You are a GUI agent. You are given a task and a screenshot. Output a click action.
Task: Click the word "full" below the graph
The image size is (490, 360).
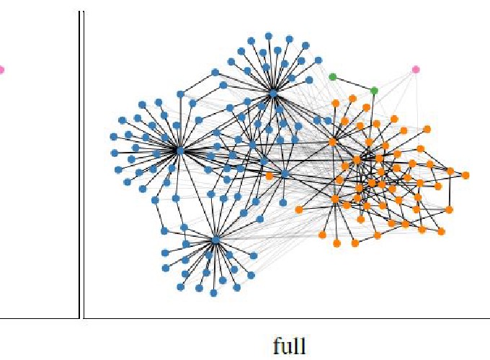289,346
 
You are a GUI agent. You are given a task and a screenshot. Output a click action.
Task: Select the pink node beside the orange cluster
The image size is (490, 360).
416,69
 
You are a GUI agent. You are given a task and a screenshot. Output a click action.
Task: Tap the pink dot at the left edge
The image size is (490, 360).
1,70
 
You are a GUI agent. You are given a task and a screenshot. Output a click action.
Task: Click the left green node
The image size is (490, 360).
332,76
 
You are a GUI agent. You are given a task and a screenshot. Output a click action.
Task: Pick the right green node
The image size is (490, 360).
374,90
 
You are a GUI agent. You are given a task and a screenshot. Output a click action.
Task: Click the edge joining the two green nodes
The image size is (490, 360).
353,84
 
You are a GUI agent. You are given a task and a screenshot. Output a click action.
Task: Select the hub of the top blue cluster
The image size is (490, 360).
273,92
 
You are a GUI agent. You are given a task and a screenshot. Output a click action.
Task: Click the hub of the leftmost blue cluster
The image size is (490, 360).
180,150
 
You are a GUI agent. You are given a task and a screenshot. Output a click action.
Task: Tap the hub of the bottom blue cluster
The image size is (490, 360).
215,239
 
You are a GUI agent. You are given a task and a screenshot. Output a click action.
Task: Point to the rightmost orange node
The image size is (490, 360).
465,175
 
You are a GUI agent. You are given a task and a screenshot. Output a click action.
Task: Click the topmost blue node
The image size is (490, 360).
268,35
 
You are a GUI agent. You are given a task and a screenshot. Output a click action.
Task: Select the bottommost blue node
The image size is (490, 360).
214,293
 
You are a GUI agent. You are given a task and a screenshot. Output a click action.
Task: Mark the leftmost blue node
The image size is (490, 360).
113,136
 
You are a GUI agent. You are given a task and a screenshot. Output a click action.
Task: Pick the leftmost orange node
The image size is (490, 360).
269,175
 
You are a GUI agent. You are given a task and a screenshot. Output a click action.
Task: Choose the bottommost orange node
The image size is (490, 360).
355,243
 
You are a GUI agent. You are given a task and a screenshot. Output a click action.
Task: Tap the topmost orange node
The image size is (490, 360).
352,98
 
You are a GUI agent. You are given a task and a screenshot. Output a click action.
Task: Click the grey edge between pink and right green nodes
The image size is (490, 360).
395,79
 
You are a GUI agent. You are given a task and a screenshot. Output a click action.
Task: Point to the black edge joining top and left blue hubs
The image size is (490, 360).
226,121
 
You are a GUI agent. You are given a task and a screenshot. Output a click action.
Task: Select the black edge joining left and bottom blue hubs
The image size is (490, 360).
197,194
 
